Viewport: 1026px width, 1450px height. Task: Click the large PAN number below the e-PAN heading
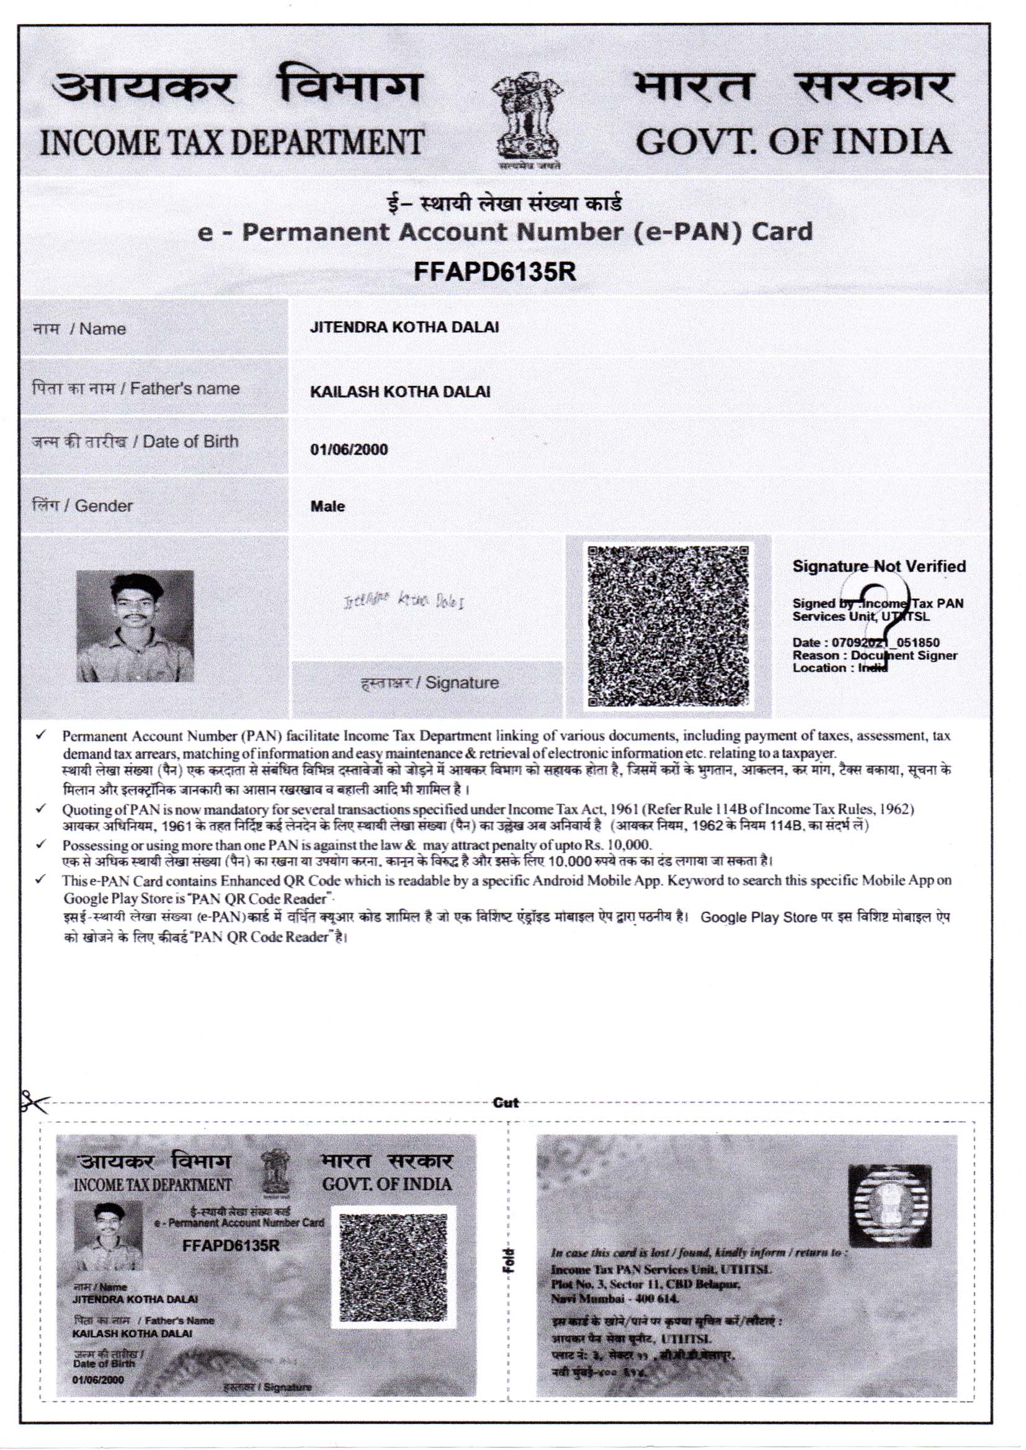tap(494, 272)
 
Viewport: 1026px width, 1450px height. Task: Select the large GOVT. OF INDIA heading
tap(793, 141)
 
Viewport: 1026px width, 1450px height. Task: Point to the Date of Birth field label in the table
tap(135, 442)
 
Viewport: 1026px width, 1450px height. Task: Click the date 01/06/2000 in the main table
tap(349, 450)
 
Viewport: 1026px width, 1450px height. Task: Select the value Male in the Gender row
tap(328, 507)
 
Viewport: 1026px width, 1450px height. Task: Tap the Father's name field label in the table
tap(136, 388)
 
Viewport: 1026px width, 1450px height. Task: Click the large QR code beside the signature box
tap(669, 626)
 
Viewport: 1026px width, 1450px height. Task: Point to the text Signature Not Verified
tap(879, 566)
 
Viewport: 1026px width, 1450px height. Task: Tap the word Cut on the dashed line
tap(506, 1103)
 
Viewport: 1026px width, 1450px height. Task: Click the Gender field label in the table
tap(82, 506)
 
